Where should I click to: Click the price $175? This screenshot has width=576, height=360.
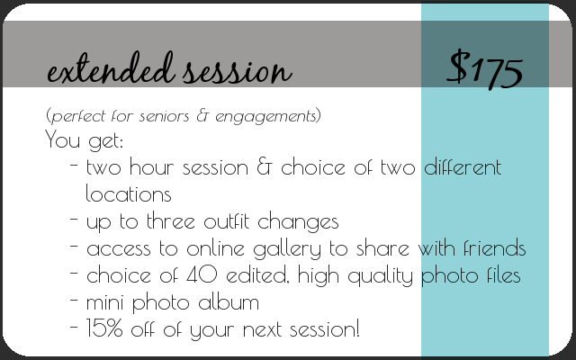484,70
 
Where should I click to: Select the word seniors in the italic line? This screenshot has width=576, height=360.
164,117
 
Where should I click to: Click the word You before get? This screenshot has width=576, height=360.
62,139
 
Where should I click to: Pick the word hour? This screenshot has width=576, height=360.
151,166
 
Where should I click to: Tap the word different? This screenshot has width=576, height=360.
463,167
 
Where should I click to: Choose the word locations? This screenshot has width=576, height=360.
129,193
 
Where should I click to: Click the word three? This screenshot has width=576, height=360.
170,221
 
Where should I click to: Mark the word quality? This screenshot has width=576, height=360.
380,276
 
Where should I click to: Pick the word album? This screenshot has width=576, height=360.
229,302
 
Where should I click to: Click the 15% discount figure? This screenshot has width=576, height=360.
104,328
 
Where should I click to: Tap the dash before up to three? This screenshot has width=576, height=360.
74,219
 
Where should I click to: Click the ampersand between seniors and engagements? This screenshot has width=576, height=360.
202,116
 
